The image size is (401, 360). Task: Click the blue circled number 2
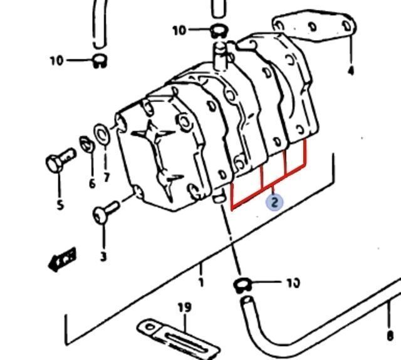274,202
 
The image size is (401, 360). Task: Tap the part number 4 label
352,70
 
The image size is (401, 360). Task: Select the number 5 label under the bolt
60,205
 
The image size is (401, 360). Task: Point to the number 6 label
92,183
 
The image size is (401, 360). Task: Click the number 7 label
107,177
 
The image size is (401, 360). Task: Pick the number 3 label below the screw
103,257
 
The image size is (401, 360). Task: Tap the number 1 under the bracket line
201,282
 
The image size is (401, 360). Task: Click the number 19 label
185,307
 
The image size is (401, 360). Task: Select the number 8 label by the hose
390,336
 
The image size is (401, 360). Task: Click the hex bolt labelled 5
60,160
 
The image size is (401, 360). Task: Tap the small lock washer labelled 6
86,145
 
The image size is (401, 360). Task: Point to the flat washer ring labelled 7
102,134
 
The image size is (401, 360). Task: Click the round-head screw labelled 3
105,212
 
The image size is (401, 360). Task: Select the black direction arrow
62,259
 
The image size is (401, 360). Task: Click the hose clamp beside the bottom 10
242,285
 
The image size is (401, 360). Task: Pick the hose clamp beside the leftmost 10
100,61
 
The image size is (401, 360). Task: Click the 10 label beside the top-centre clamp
180,31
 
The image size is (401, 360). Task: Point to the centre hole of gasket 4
313,26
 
